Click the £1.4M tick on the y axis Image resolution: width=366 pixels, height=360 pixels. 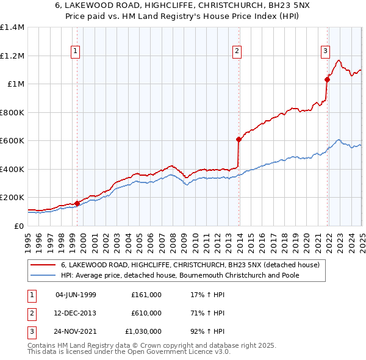point(12,27)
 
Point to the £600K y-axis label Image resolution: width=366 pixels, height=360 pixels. point(12,141)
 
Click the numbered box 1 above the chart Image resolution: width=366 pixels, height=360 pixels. point(76,51)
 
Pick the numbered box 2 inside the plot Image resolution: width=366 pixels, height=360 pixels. point(237,51)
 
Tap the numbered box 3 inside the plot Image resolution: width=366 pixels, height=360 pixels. point(326,51)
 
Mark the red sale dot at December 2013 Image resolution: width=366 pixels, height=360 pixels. point(239,140)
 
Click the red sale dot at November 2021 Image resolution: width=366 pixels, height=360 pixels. point(328,79)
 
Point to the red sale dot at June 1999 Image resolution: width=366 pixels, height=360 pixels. point(77,203)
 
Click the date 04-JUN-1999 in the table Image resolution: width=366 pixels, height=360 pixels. point(76,295)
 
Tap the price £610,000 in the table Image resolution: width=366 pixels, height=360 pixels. point(146,313)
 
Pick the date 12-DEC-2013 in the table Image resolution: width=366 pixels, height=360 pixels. point(76,313)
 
